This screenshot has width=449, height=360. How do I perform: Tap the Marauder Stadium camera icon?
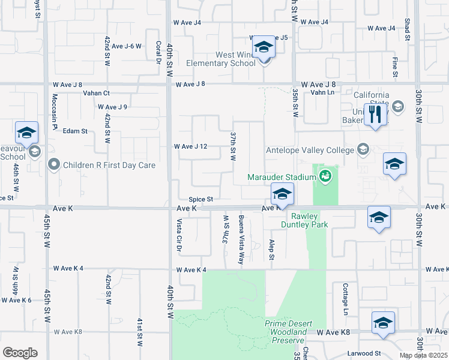click(325, 176)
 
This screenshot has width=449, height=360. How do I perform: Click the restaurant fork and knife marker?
click(376, 114)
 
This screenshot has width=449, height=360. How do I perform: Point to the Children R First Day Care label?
click(109, 165)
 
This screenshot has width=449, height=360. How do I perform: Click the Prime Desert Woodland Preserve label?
click(288, 332)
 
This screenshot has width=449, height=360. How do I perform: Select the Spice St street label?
click(201, 199)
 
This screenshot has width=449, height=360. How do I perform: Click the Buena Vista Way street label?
click(241, 240)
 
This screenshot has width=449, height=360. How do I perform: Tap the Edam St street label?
click(76, 131)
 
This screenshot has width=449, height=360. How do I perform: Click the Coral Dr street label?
click(158, 54)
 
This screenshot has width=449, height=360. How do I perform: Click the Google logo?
click(20, 353)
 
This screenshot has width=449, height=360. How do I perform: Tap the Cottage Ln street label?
click(345, 299)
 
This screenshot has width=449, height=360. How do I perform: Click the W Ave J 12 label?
click(190, 146)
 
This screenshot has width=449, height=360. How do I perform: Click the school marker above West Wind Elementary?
click(264, 48)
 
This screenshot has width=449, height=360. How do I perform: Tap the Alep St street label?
click(272, 250)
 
